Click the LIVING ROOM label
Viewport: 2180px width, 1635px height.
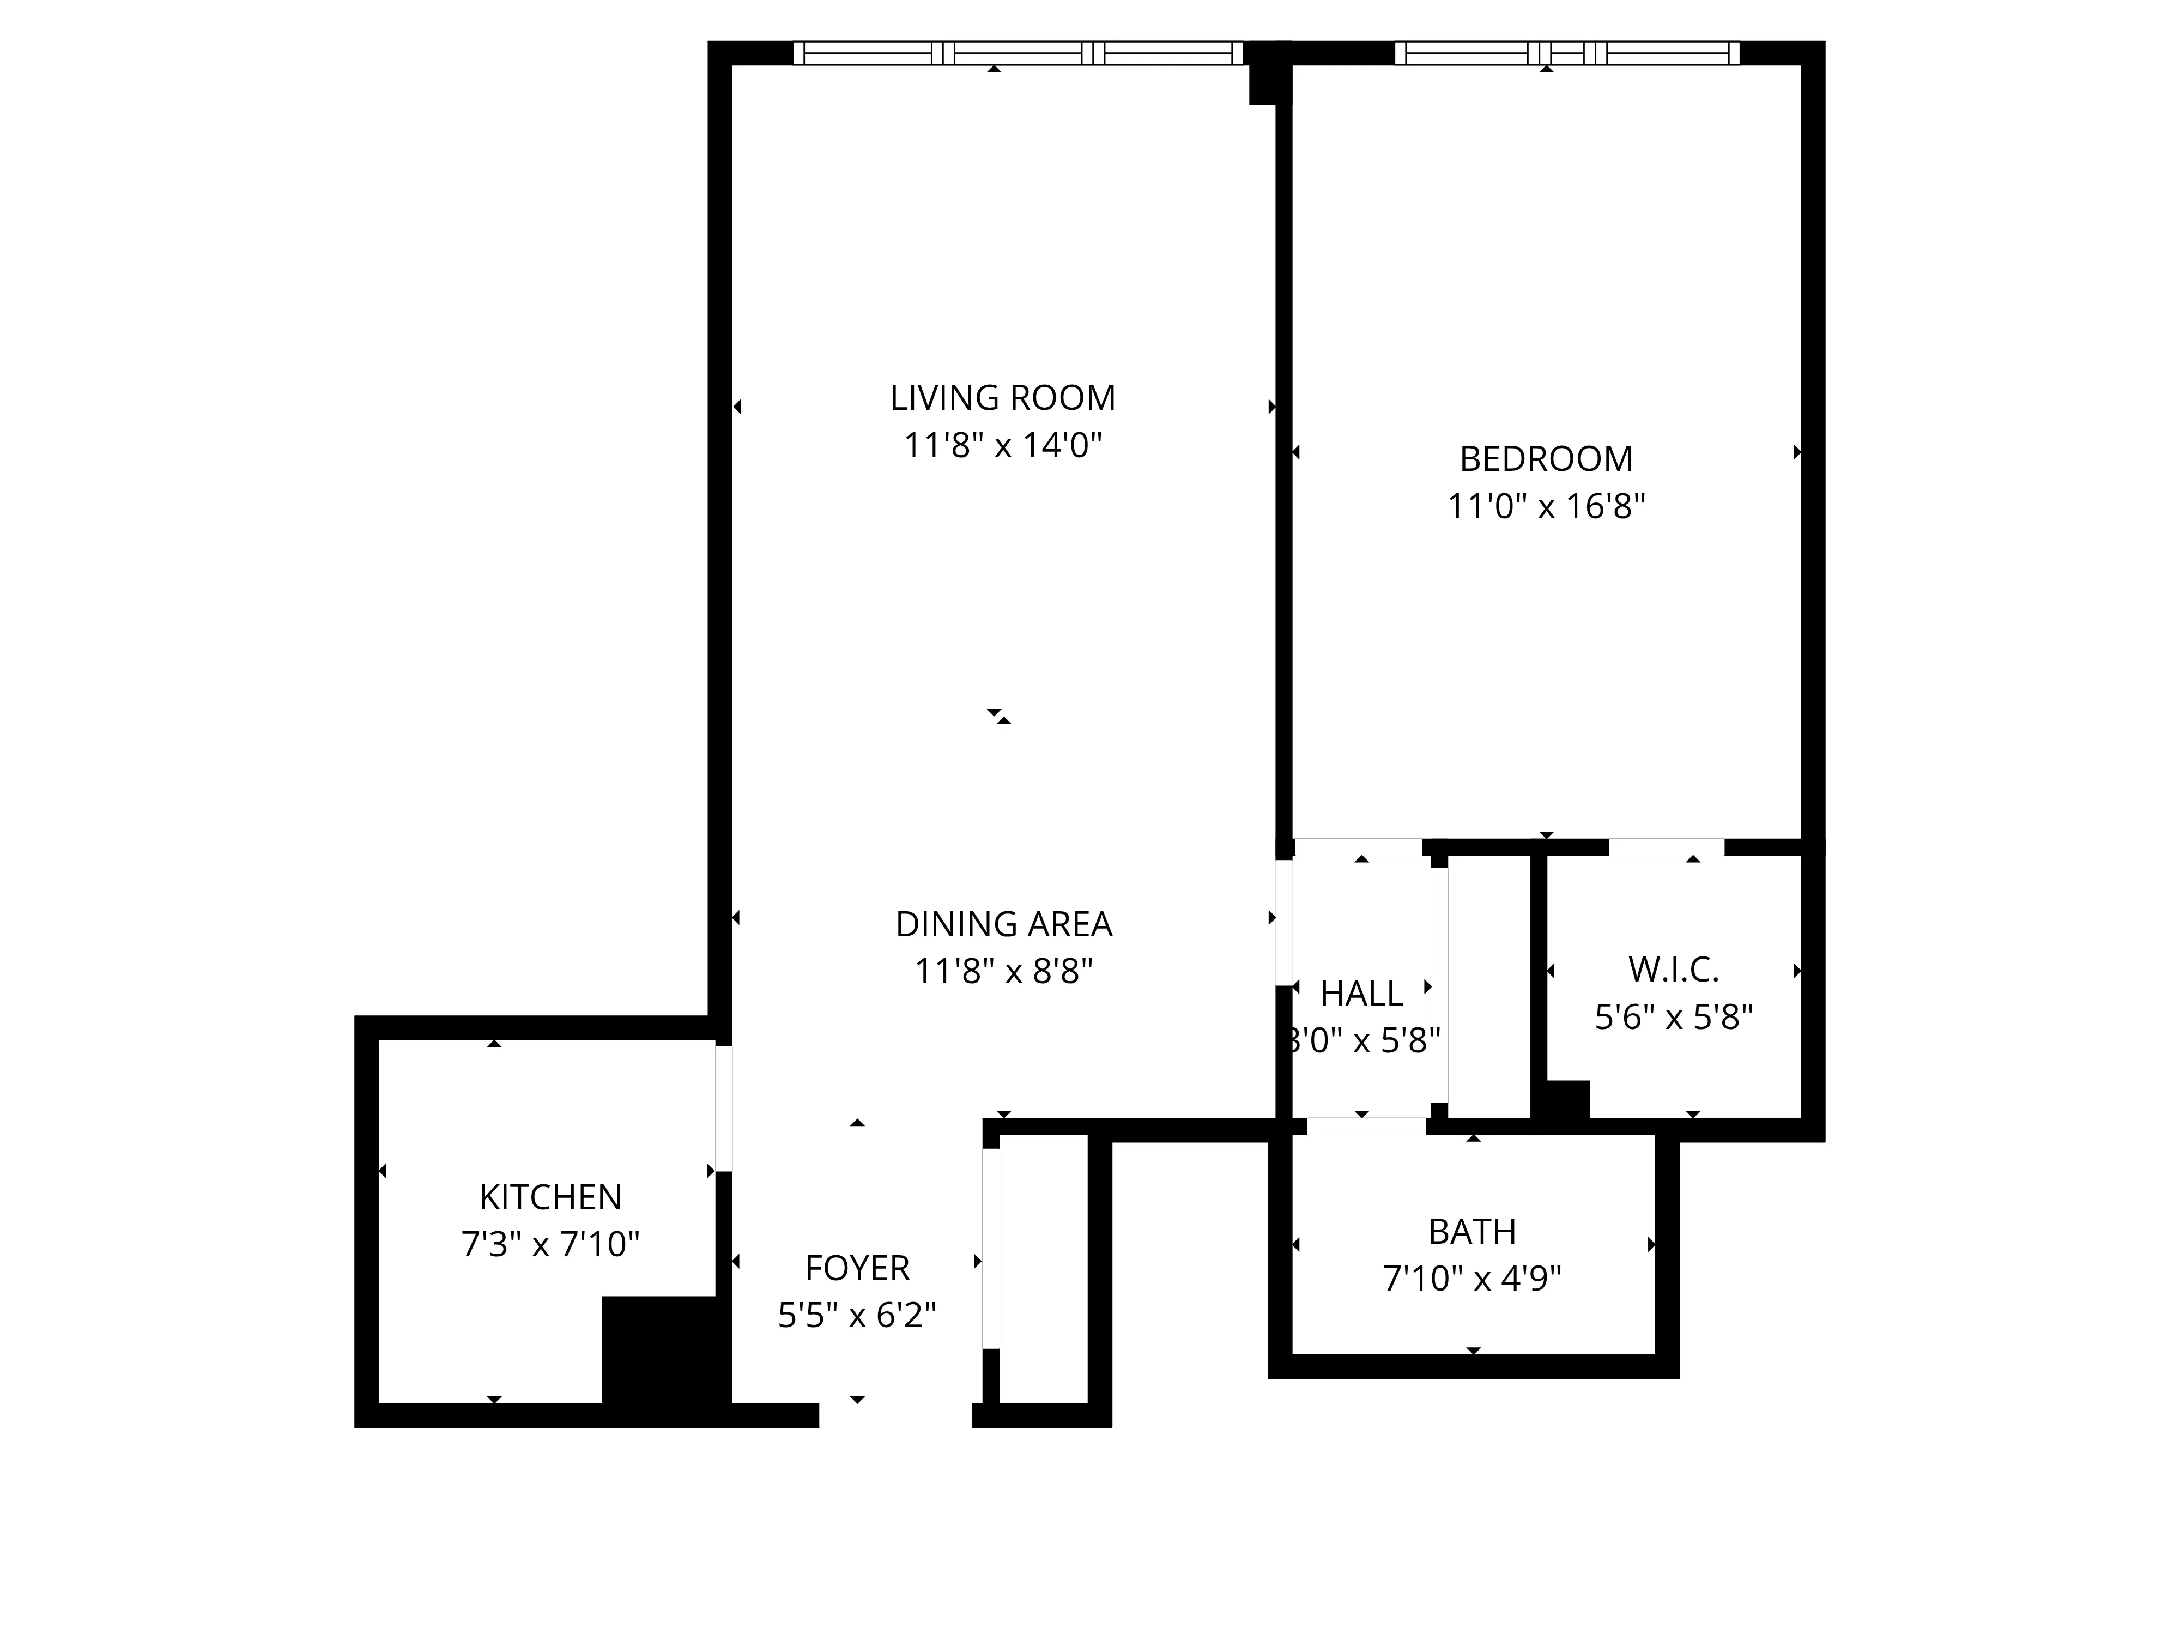coord(1002,398)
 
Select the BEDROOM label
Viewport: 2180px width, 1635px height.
coord(1545,459)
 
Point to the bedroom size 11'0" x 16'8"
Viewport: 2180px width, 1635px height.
coord(1545,506)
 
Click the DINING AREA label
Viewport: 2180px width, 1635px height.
coord(1003,924)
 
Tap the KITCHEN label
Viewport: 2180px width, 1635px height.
coord(550,1197)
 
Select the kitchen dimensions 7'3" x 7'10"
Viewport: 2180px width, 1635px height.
coord(550,1245)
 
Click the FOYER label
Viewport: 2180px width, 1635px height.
coord(856,1268)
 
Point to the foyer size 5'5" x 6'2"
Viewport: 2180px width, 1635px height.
coord(856,1316)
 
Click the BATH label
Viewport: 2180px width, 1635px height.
coord(1471,1232)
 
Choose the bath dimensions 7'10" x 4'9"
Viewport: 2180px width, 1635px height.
coord(1471,1279)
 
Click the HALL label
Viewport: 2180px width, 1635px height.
coord(1361,995)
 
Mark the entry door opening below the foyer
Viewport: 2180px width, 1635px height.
coord(895,1415)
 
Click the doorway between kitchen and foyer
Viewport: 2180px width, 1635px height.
coord(723,1109)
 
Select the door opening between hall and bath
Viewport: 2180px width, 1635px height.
coord(1366,1127)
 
